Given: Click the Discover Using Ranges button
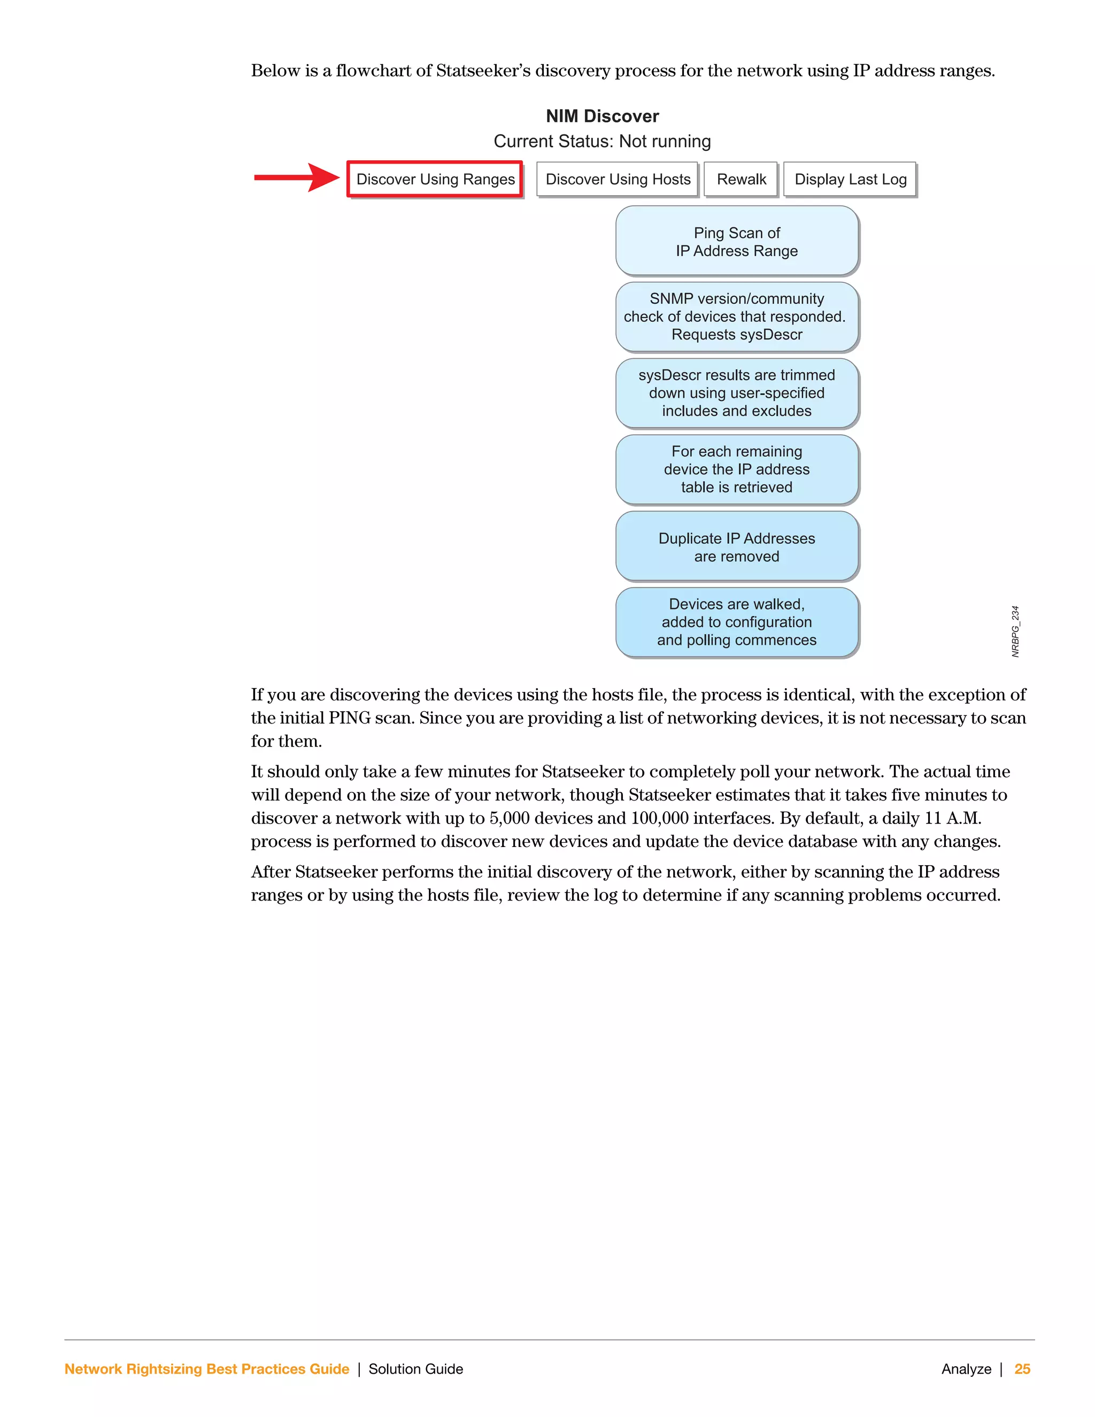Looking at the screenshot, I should pyautogui.click(x=435, y=179).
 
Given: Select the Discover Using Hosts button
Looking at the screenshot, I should pyautogui.click(x=617, y=179).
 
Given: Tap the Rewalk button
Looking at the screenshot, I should pyautogui.click(x=741, y=179).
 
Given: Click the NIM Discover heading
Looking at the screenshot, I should pyautogui.click(x=602, y=116).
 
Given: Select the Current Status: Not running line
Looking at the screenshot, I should pyautogui.click(x=602, y=142).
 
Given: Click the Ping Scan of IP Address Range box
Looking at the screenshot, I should pyautogui.click(x=737, y=241).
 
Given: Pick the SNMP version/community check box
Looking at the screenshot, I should pyautogui.click(x=737, y=317).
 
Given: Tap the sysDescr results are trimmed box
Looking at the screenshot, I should pyautogui.click(x=737, y=393).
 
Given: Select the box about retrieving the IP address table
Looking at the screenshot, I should pyautogui.click(x=737, y=469).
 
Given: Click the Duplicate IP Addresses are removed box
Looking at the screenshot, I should pyautogui.click(x=737, y=547).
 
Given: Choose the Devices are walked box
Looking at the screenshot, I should pyautogui.click(x=737, y=622).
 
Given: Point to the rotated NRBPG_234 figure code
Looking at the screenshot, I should pyautogui.click(x=1015, y=632).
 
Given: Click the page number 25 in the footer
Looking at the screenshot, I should pyautogui.click(x=1022, y=1369).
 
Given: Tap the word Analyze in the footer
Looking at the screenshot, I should pyautogui.click(x=966, y=1369).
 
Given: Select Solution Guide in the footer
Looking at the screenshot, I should pyautogui.click(x=416, y=1369).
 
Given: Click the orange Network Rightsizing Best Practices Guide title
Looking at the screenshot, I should pyautogui.click(x=207, y=1369).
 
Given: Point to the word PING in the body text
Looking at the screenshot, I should pyautogui.click(x=350, y=718).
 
